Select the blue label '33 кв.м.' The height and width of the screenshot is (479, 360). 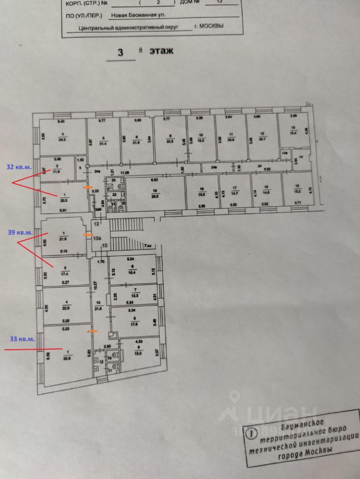[x=22, y=339]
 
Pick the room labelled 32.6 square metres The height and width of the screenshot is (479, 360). [x=65, y=355]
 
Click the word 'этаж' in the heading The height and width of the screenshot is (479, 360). [x=160, y=51]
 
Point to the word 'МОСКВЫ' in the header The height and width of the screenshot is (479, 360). [x=211, y=26]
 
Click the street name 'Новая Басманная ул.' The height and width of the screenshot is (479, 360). [x=138, y=15]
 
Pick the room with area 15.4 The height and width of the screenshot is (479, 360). [x=293, y=130]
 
